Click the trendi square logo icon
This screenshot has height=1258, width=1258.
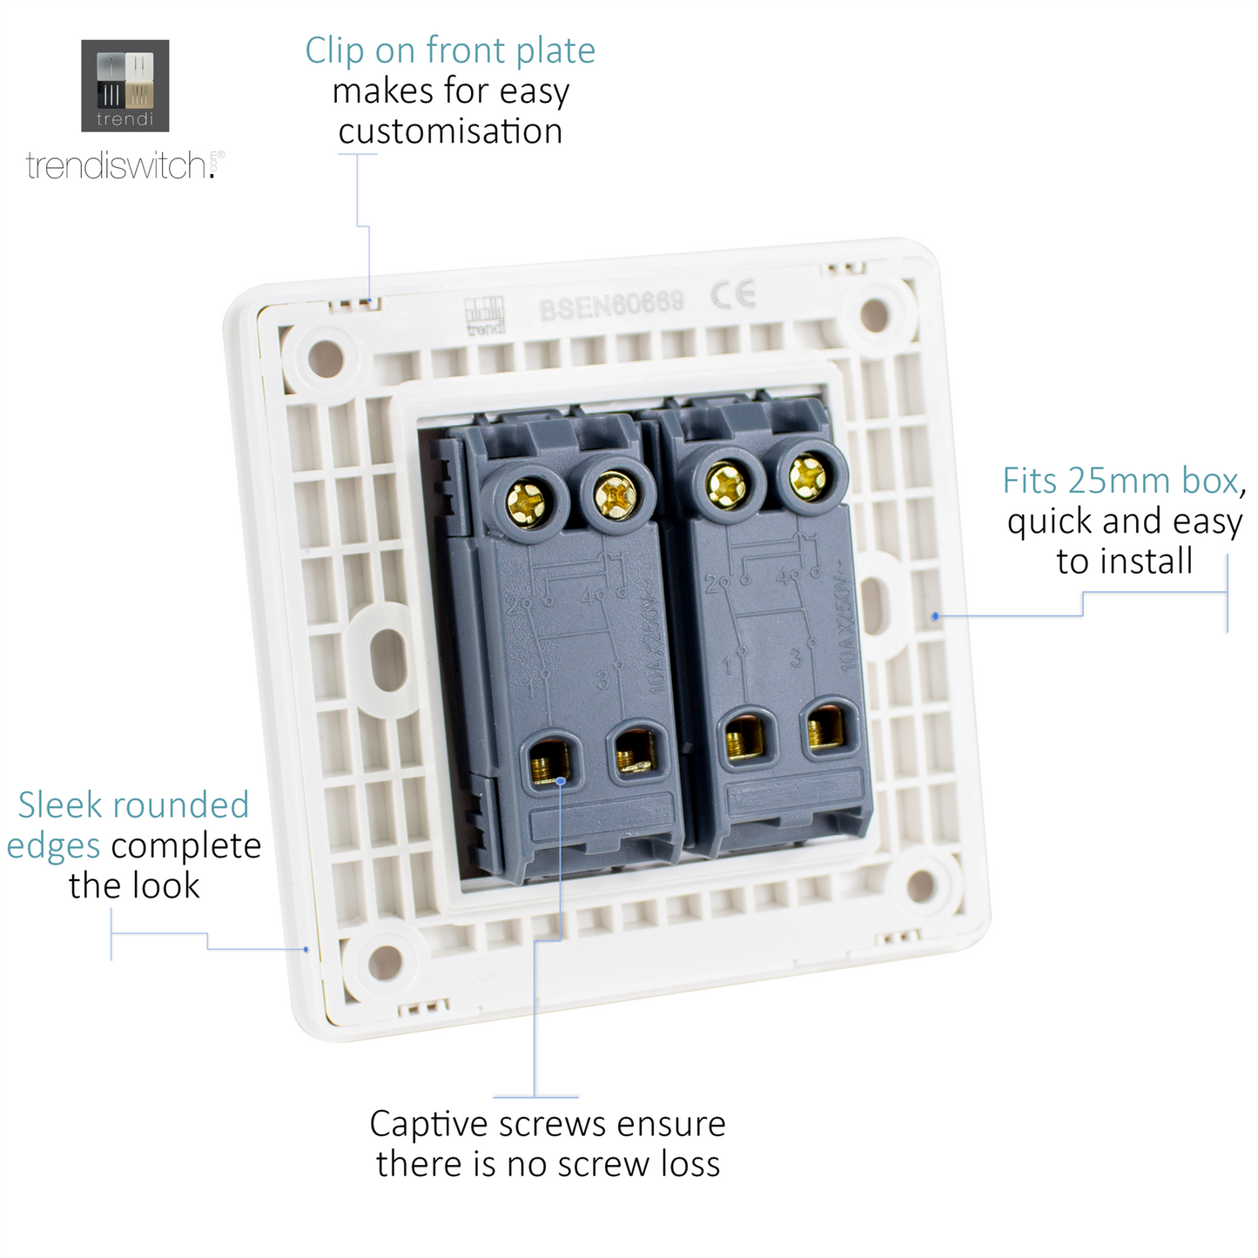point(124,85)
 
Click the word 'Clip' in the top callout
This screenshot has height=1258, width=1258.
point(334,50)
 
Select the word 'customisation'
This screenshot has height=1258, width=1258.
point(450,131)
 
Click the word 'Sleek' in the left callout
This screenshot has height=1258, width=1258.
point(58,805)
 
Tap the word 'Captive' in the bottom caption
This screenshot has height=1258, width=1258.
point(428,1125)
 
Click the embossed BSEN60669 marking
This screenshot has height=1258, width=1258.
point(611,304)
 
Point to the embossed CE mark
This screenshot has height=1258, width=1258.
point(733,295)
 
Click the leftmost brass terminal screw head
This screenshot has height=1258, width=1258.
point(527,501)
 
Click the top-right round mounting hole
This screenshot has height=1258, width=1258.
point(874,314)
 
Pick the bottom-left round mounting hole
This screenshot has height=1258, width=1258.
point(384,963)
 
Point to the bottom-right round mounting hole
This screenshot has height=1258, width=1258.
point(920,886)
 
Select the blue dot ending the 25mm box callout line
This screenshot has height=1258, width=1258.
point(935,616)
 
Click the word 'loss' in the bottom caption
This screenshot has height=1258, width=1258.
point(690,1165)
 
